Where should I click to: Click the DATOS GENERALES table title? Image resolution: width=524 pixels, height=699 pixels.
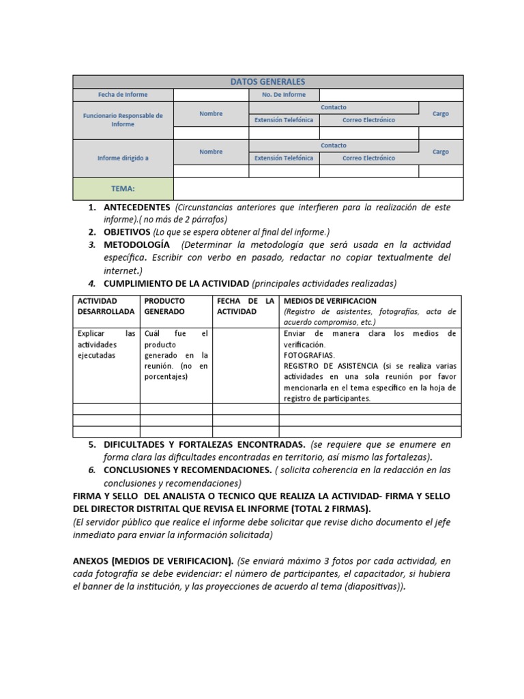point(267,82)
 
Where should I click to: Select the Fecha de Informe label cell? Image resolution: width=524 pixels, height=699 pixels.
point(123,95)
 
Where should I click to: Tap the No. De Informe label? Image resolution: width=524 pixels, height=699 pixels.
point(284,95)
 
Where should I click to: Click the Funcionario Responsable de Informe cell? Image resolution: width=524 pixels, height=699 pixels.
point(123,120)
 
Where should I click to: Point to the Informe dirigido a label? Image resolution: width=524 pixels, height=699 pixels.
point(123,158)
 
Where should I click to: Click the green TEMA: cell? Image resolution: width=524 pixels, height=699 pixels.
point(123,188)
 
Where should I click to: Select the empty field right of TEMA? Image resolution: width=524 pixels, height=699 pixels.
point(318,188)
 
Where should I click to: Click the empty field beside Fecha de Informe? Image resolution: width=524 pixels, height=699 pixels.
point(211,95)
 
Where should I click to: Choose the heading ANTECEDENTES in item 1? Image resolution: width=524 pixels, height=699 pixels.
point(136,207)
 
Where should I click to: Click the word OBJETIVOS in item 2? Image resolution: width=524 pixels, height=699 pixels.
point(127,232)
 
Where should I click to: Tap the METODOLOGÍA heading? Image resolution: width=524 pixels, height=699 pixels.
point(136,244)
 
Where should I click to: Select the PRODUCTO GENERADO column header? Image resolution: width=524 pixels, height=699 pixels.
point(164,306)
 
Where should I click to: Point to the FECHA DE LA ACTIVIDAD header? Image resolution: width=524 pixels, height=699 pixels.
point(245,306)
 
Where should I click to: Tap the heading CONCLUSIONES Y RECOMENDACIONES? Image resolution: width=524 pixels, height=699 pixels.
point(188,470)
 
